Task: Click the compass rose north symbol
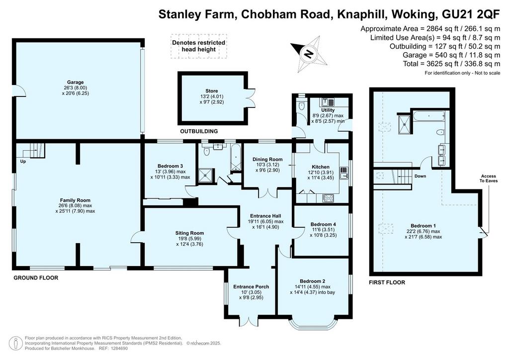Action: click(309, 54)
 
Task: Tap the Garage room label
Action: click(76, 82)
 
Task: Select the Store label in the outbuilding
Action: click(212, 91)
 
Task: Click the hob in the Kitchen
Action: click(328, 198)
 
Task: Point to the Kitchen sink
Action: click(344, 173)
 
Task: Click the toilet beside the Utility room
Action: click(302, 105)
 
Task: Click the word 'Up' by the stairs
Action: click(23, 161)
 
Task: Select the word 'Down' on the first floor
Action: click(420, 176)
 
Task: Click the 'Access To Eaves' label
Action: click(489, 178)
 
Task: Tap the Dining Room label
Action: click(267, 160)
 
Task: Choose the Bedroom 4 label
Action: click(323, 224)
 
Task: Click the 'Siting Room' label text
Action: click(189, 233)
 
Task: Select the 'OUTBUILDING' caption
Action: click(199, 131)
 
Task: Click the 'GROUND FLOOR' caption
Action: click(36, 278)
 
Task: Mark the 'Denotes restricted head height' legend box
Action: click(199, 46)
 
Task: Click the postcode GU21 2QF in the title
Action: click(471, 14)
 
